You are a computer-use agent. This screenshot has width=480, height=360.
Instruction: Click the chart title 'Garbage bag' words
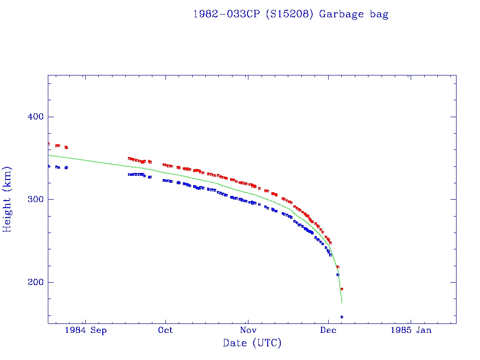pos(353,14)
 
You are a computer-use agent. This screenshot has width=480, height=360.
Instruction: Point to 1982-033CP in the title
pos(227,14)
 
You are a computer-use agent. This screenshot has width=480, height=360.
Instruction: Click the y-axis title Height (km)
pos(7,199)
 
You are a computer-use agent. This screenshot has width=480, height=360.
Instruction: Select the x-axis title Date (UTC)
pos(252,343)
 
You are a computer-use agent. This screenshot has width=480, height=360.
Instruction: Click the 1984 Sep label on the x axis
pos(86,330)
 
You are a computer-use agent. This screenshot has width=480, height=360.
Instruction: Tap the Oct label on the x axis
pos(165,330)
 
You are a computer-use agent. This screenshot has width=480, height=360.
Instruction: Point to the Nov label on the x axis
pos(247,330)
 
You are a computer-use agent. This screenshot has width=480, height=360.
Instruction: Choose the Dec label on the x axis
pos(328,330)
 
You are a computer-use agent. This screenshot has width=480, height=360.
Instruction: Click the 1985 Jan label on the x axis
pos(411,330)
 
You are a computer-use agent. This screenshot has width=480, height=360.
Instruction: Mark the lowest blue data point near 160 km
pos(342,317)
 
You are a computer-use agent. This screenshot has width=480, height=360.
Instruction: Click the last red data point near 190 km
pos(342,289)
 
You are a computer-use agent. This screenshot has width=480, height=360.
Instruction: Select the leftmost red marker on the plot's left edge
pos(48,144)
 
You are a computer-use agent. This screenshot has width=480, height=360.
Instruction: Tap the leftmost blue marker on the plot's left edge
pos(48,166)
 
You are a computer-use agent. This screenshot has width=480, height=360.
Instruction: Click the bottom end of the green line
pos(342,302)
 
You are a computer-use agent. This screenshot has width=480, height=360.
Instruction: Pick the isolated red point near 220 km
pos(337,267)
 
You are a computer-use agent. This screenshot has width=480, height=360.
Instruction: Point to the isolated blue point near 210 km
pos(337,275)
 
